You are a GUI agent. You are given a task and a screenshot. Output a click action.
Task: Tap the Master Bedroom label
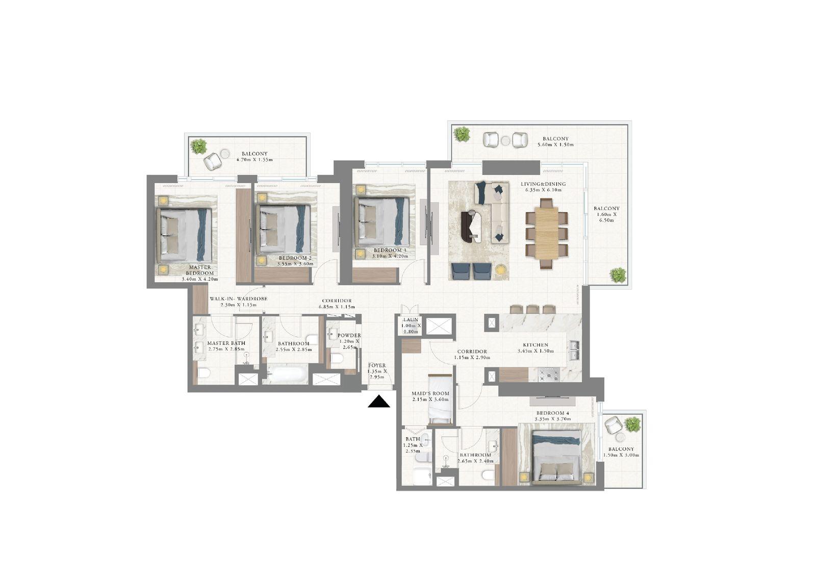tap(200, 270)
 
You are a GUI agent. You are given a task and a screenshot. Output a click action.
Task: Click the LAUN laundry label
tap(410, 320)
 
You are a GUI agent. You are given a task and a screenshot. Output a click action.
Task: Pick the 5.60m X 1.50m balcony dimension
tap(555, 145)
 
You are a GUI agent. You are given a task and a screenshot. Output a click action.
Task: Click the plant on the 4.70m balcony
tap(198, 146)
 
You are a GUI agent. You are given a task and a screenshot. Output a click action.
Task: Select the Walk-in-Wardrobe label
tap(238, 299)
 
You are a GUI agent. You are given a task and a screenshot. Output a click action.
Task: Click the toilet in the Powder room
tap(337, 360)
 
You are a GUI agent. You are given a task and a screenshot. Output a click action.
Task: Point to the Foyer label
tap(377, 365)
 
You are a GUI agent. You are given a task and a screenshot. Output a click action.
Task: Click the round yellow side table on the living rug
tap(501, 270)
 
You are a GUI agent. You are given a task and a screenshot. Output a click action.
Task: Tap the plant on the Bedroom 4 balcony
tap(632, 424)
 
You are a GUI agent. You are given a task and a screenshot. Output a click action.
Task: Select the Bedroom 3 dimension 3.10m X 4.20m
tap(390, 257)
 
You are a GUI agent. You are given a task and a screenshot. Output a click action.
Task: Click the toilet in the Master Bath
tap(203, 373)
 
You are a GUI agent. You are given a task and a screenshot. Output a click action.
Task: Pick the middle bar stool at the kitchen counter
tap(532, 309)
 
